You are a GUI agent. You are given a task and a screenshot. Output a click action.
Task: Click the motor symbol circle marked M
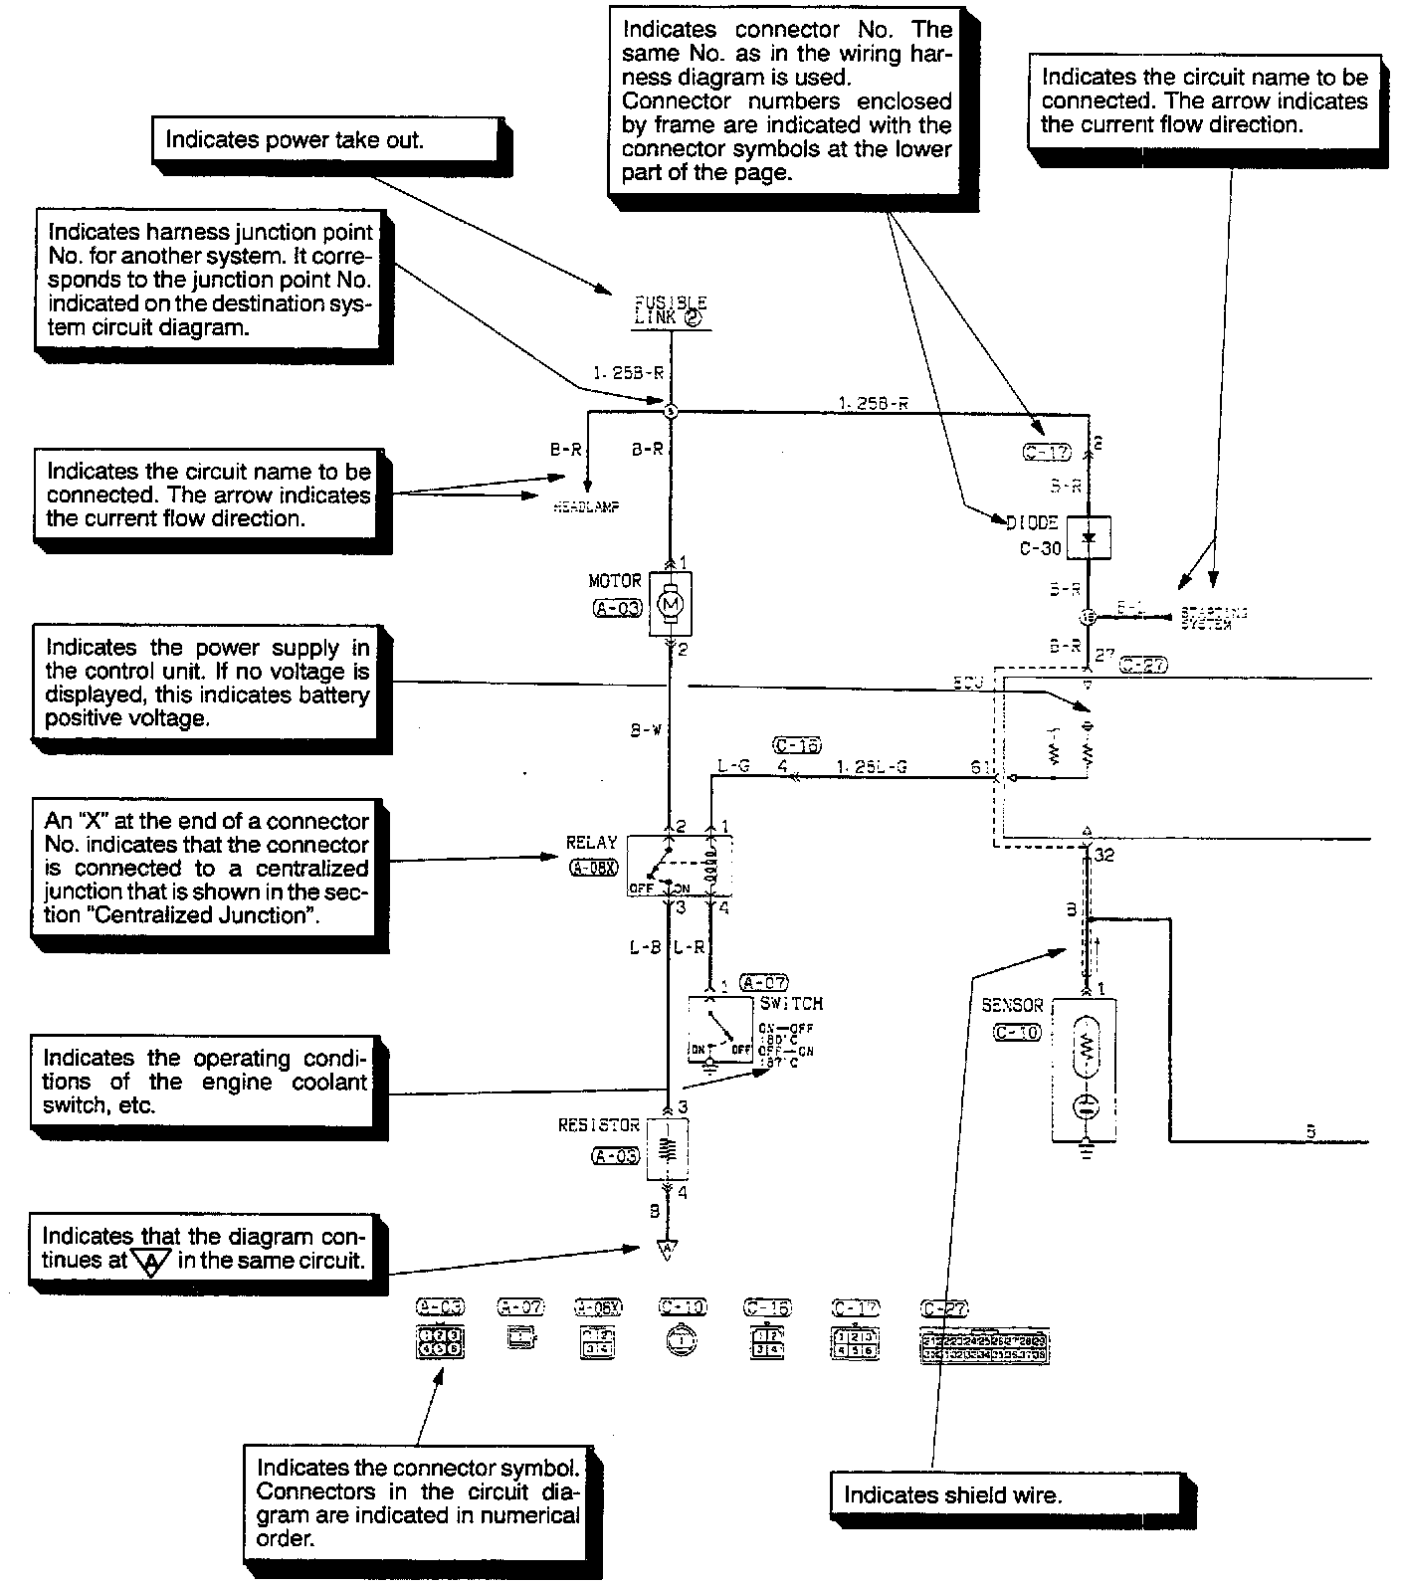(670, 604)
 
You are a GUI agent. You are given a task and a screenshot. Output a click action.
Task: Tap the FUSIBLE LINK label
(671, 309)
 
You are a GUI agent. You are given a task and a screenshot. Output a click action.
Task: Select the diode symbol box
(1088, 537)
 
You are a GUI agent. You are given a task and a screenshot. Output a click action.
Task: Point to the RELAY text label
(591, 843)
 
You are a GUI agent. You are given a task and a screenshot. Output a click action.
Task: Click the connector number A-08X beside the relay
(593, 868)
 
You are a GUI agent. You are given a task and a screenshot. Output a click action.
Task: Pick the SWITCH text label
(791, 1004)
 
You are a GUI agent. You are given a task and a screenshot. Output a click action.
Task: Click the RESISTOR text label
(599, 1125)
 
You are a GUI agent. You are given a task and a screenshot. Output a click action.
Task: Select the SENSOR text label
(1012, 1006)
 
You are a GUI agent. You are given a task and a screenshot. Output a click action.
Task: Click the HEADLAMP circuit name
(587, 506)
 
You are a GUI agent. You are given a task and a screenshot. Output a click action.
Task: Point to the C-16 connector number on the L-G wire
(796, 745)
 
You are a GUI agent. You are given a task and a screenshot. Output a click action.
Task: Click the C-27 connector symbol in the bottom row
(985, 1346)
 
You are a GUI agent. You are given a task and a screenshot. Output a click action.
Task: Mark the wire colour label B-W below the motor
(646, 730)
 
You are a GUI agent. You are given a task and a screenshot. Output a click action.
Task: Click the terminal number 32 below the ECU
(1103, 854)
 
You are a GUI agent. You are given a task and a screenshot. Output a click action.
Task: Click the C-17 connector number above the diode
(1046, 453)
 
